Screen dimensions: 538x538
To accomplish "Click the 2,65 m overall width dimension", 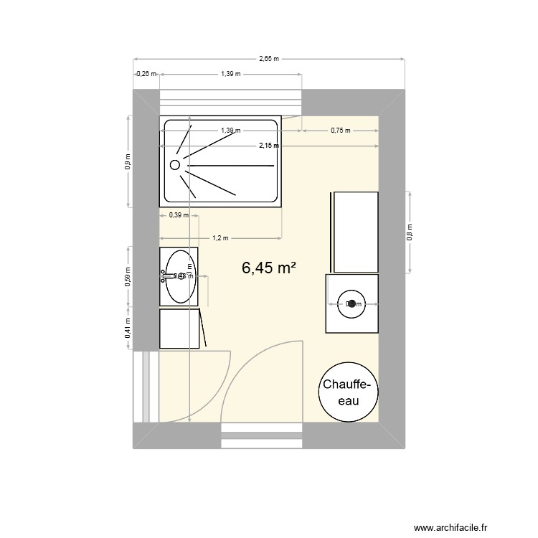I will (x=269, y=59).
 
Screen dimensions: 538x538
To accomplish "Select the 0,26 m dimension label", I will (x=146, y=73).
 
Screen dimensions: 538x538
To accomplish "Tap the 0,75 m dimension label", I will (x=340, y=131).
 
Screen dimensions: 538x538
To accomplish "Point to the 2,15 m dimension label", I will (x=269, y=146).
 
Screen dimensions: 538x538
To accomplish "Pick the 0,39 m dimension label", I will (x=178, y=214).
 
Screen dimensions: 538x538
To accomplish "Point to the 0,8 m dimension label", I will (x=410, y=232).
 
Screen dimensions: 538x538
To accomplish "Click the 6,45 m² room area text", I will (x=269, y=268).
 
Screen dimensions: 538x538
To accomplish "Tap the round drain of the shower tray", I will (x=175, y=164).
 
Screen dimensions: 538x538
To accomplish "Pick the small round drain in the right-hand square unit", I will (x=352, y=303).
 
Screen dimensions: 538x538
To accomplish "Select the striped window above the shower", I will (x=230, y=101).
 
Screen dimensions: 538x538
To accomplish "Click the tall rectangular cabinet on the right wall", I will (x=353, y=232).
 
